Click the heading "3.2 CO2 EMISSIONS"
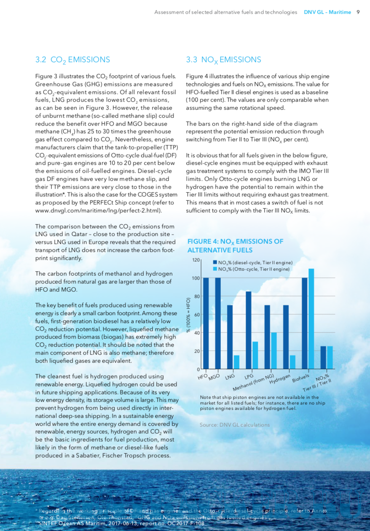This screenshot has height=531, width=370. pyautogui.click(x=72, y=60)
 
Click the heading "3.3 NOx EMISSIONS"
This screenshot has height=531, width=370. pyautogui.click(x=223, y=60)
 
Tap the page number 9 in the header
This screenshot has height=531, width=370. pyautogui.click(x=358, y=12)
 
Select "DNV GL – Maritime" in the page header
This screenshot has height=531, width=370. pyautogui.click(x=327, y=12)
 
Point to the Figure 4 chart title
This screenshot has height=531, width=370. pyautogui.click(x=235, y=246)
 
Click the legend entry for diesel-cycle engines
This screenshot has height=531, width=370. pyautogui.click(x=252, y=262)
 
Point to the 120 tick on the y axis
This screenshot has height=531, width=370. pyautogui.click(x=196, y=260)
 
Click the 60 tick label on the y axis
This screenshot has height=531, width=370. pyautogui.click(x=197, y=315)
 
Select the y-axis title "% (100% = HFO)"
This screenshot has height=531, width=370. pyautogui.click(x=188, y=315)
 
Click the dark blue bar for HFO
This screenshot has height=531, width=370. pyautogui.click(x=206, y=323)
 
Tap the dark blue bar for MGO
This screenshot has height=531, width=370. pyautogui.click(x=218, y=323)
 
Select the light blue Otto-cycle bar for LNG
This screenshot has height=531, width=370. pyautogui.click(x=236, y=362)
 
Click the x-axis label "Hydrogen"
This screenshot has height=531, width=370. pyautogui.click(x=280, y=379)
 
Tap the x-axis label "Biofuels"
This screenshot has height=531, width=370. pyautogui.click(x=300, y=378)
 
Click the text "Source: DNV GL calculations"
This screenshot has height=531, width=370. pyautogui.click(x=234, y=425)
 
